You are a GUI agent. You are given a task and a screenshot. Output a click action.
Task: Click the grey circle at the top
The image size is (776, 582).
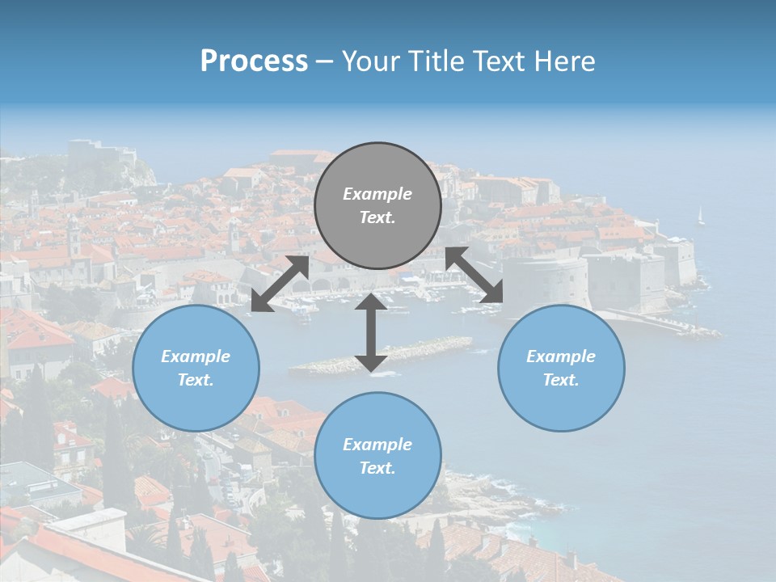point(377,205)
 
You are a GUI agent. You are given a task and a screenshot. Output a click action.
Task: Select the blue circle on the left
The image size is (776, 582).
point(196,368)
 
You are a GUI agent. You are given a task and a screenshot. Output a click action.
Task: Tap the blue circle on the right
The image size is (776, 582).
point(561,368)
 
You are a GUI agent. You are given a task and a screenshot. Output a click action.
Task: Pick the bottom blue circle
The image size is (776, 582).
point(377,456)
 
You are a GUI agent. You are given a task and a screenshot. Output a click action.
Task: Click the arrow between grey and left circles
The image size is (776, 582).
point(280,284)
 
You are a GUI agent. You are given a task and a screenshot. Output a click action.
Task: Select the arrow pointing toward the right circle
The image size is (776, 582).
point(474,276)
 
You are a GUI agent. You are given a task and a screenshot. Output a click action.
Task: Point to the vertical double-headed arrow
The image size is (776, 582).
point(371,332)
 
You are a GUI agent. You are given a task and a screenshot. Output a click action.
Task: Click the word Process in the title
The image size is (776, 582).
point(254,61)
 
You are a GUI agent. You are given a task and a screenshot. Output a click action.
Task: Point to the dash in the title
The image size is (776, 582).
point(324,61)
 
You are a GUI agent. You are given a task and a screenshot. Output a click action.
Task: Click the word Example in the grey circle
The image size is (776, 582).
point(377,194)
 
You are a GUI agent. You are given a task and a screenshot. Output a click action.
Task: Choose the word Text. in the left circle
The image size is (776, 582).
point(196,380)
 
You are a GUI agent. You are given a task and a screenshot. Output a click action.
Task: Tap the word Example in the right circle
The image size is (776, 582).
point(561,356)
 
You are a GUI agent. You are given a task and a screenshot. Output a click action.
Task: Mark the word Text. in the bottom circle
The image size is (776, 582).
point(377,468)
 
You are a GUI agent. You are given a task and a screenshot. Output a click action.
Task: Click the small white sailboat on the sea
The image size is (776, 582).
point(701,215)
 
